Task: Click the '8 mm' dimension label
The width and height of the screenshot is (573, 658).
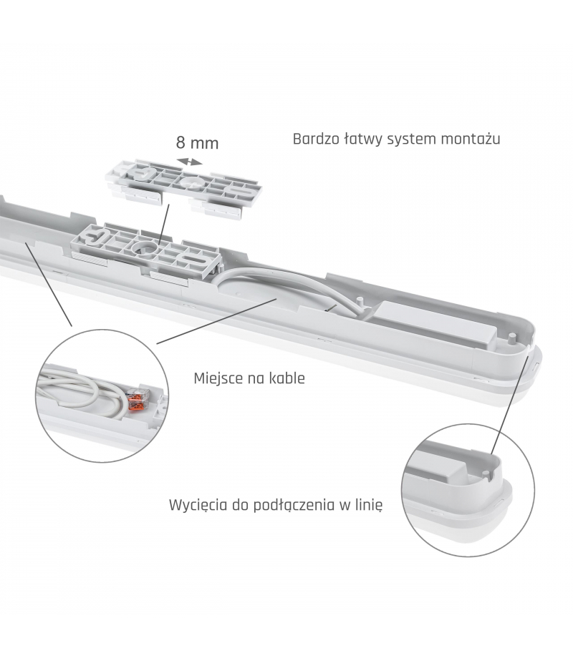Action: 197,142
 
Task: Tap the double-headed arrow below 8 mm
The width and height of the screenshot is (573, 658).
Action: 189,162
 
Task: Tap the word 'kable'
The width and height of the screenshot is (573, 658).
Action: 289,378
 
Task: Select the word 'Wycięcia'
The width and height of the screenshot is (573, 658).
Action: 197,505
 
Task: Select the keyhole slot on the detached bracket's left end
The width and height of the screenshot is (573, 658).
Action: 138,172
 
